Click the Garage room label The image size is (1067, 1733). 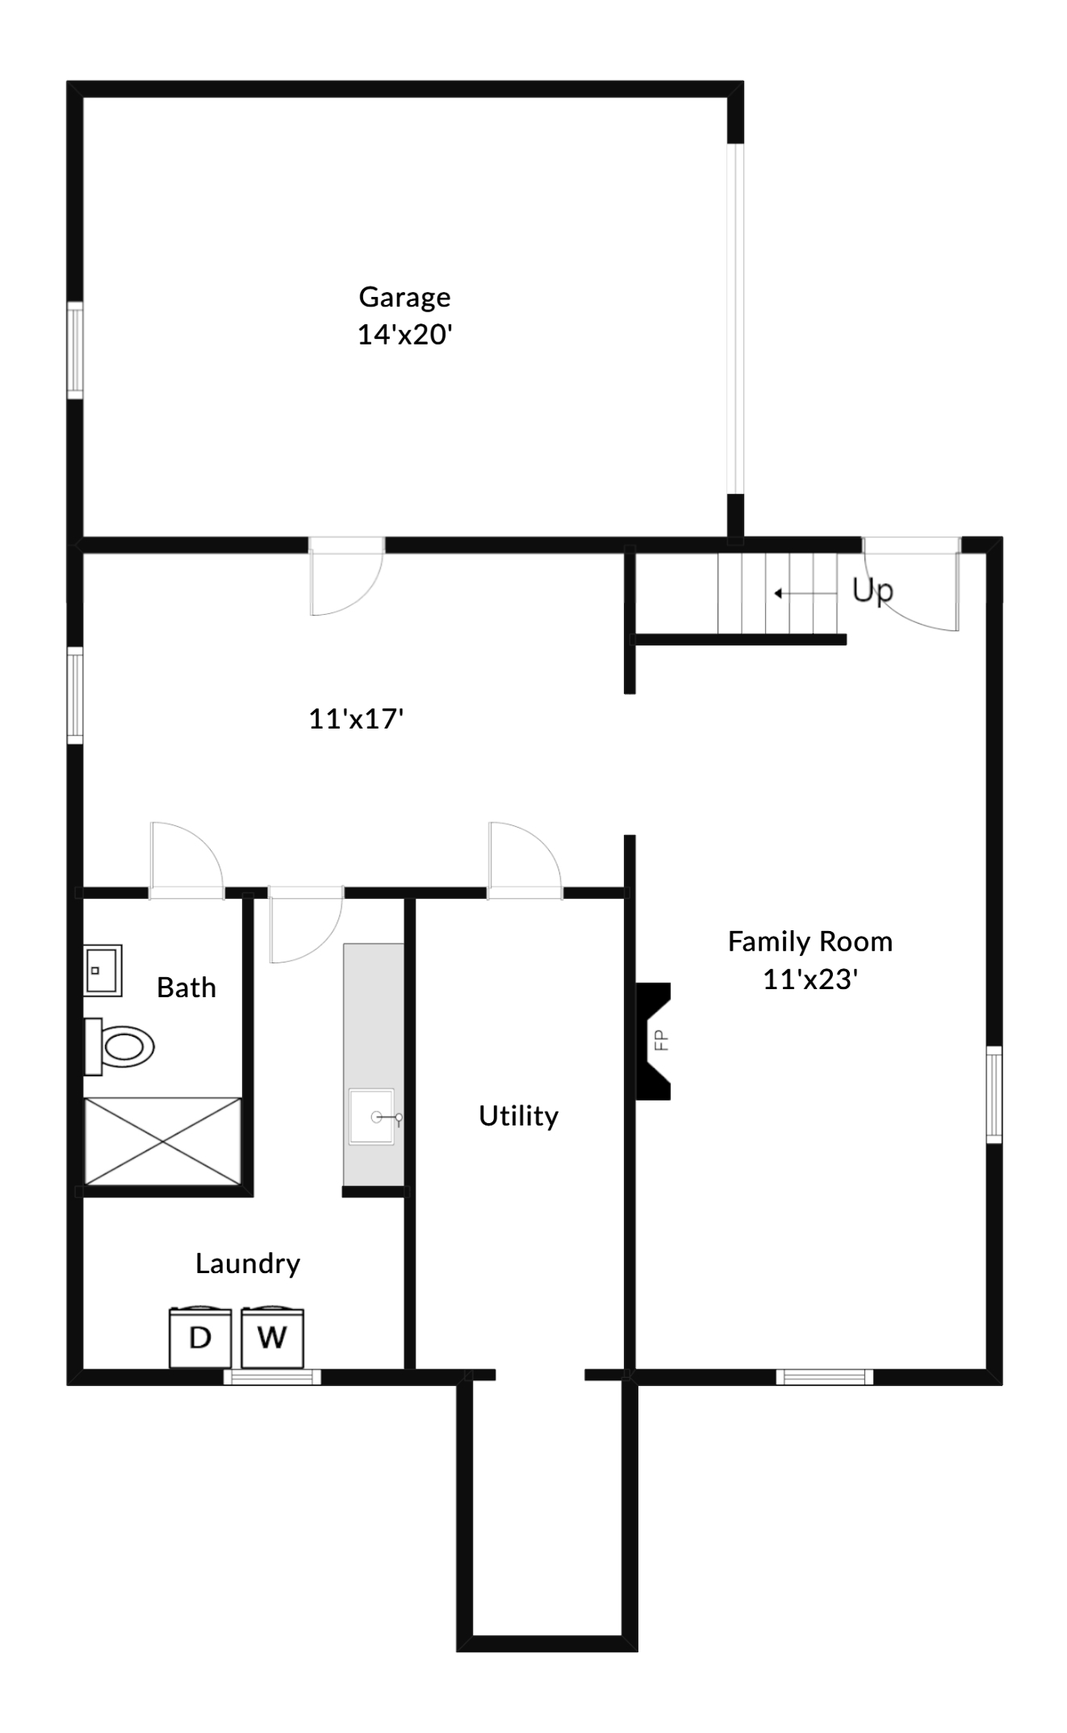click(404, 297)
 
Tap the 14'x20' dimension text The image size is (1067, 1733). click(404, 334)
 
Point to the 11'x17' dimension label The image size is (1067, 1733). click(356, 718)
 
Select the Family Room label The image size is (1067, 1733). click(810, 942)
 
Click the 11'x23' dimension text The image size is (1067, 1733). click(810, 979)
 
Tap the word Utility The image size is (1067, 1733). click(518, 1116)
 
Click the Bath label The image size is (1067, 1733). click(186, 988)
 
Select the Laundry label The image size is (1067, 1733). click(248, 1263)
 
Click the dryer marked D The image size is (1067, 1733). click(200, 1338)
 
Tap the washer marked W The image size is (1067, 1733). click(272, 1338)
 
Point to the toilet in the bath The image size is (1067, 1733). click(121, 1046)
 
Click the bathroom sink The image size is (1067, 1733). click(103, 971)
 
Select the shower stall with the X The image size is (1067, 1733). click(163, 1142)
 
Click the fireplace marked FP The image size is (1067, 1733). click(654, 1041)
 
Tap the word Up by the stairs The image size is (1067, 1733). click(872, 591)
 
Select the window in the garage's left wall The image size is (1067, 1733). click(75, 349)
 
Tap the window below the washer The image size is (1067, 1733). click(272, 1376)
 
